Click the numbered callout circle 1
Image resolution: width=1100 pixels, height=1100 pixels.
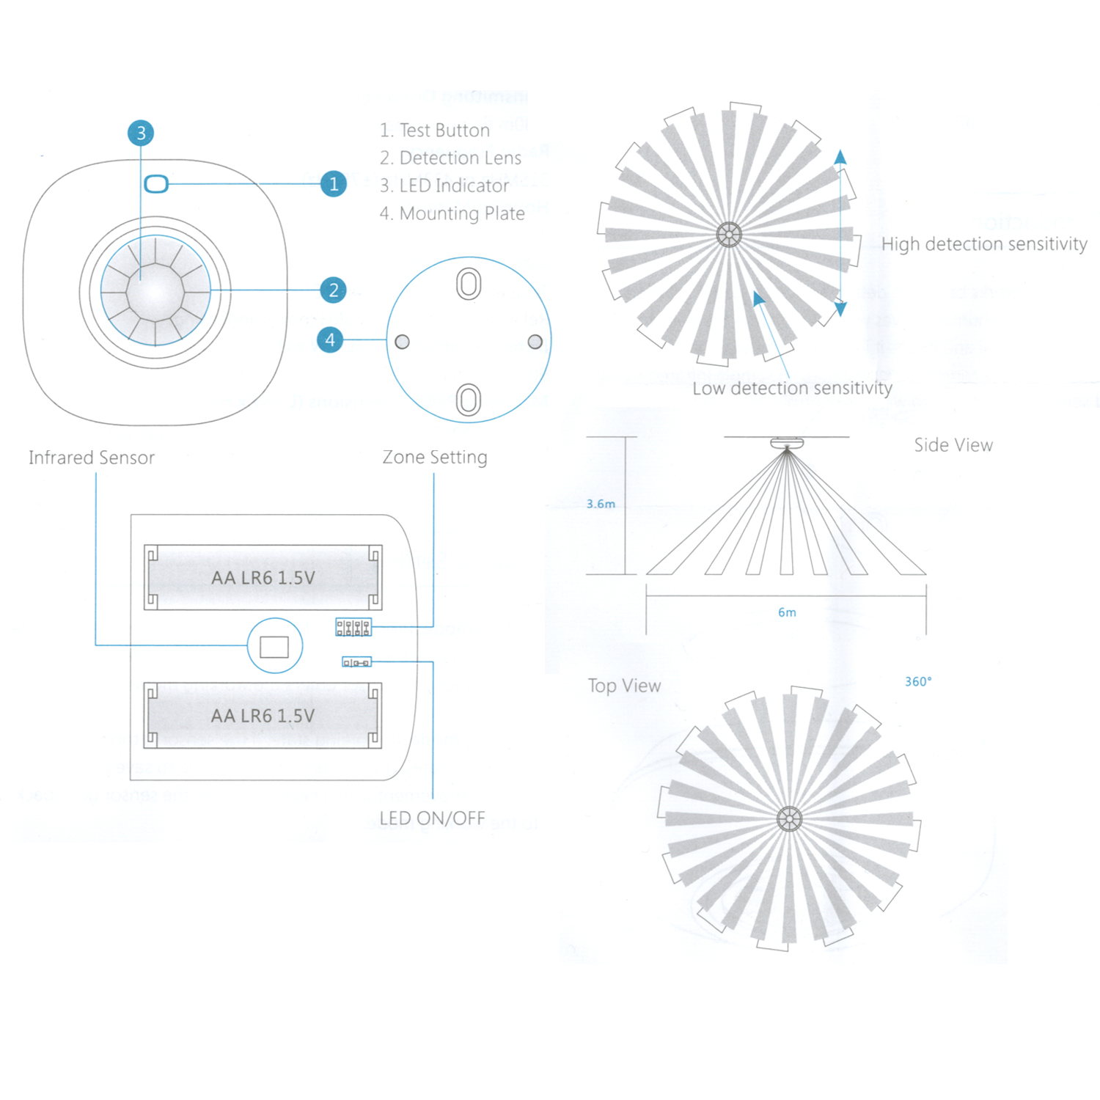pos(334,183)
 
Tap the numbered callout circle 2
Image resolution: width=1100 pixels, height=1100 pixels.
pos(334,290)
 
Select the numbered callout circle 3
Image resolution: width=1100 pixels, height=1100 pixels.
pos(141,133)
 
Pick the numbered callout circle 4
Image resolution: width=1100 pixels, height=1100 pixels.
pos(330,340)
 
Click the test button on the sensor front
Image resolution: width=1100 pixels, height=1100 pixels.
pos(156,183)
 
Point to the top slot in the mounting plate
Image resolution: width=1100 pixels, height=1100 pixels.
pos(469,284)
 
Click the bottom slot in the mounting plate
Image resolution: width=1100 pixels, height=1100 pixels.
pos(469,400)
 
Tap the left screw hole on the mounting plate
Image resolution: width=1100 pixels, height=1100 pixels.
pos(402,342)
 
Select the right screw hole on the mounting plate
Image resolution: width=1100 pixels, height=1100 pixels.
pos(535,342)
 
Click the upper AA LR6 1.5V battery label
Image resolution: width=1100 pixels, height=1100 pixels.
pos(263,578)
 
